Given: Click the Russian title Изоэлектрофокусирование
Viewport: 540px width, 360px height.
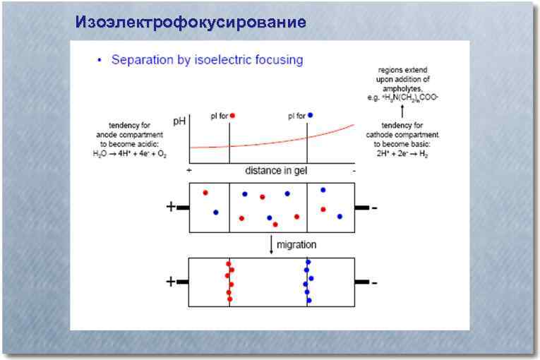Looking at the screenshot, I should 191,23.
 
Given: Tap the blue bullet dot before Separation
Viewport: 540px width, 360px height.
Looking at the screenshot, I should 100,61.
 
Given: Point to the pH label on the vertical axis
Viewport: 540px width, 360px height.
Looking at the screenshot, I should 180,122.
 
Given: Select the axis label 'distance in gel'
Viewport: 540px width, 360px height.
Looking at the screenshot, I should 277,171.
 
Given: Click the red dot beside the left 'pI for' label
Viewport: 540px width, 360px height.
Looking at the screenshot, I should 232,114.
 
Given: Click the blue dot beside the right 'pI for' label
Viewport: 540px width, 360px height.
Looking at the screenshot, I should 310,114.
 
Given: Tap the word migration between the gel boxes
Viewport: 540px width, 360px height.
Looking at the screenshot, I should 296,244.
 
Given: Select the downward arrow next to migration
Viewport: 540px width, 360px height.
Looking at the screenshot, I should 271,244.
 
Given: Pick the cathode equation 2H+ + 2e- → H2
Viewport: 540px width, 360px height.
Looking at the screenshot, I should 402,152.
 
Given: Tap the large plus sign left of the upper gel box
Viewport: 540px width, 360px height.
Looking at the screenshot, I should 170,208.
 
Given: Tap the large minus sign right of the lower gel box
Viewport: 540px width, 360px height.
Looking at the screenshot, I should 374,282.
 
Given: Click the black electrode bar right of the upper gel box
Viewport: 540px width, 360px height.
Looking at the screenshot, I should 361,208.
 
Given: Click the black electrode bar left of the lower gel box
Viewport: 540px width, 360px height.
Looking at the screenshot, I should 182,282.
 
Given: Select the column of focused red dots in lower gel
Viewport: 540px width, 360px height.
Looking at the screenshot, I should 229,282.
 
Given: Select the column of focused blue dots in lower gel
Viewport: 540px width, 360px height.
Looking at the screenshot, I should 308,282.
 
